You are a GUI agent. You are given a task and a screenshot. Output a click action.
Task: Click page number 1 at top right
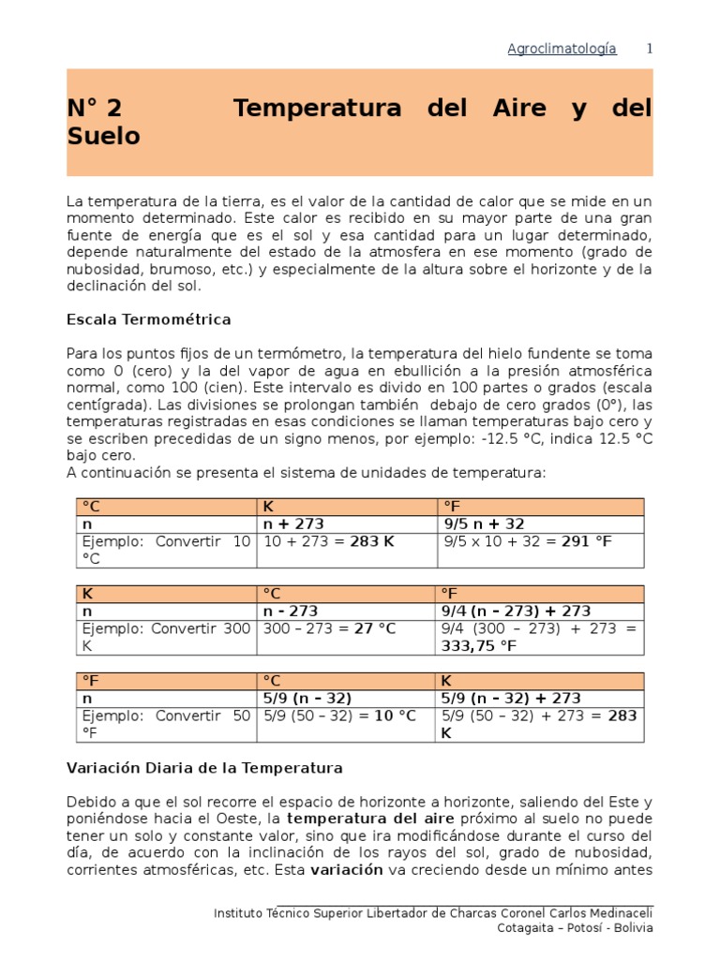pyautogui.click(x=648, y=49)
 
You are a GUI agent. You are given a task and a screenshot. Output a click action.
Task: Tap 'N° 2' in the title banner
pyautogui.click(x=95, y=109)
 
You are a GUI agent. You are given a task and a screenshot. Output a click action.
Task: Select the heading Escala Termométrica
pyautogui.click(x=149, y=319)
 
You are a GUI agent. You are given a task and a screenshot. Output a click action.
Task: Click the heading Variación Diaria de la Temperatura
pyautogui.click(x=204, y=768)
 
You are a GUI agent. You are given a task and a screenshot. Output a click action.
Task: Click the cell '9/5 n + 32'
pyautogui.click(x=484, y=524)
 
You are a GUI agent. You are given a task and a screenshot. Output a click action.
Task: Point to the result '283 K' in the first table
pyautogui.click(x=370, y=541)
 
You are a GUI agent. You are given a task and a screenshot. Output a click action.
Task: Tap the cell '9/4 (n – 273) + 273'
pyautogui.click(x=517, y=611)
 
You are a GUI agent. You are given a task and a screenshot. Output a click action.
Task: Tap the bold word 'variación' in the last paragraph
pyautogui.click(x=346, y=869)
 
